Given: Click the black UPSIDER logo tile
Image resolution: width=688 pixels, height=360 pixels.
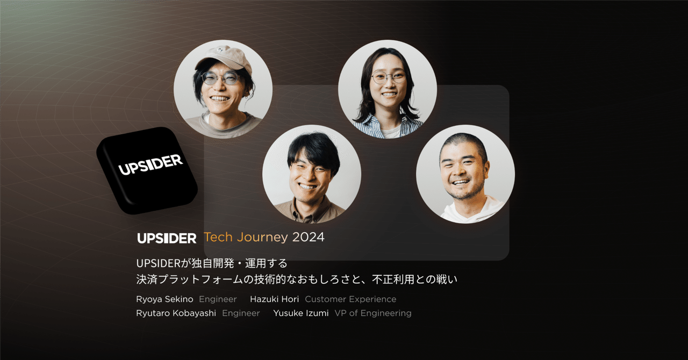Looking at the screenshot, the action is click(147, 170).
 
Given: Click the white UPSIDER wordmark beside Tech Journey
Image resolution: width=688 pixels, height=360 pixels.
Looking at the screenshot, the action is click(167, 238).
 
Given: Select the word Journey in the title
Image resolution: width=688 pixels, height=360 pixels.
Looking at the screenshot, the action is click(263, 237).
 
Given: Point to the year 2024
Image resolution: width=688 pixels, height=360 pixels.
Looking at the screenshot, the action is click(308, 237).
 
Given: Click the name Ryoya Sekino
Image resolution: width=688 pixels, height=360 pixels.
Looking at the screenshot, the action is click(164, 299).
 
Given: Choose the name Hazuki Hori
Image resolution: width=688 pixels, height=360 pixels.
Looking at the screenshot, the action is click(274, 299).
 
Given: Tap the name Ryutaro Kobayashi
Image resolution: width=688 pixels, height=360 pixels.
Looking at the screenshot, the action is click(176, 313).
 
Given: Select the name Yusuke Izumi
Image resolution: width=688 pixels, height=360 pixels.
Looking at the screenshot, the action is click(301, 313).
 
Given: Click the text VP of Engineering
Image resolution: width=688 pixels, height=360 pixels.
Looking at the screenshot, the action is click(373, 313).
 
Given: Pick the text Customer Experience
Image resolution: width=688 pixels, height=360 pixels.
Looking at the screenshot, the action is click(350, 299).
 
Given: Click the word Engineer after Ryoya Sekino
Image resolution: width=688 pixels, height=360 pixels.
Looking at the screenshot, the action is click(218, 299).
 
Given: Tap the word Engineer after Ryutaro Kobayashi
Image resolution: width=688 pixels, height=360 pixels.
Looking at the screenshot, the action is click(241, 314).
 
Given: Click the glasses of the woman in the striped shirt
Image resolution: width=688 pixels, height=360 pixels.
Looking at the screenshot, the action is click(389, 77).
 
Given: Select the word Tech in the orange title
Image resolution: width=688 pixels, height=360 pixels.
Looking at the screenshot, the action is click(218, 237).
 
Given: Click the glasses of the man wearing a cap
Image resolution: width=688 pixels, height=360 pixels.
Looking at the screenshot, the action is click(220, 78).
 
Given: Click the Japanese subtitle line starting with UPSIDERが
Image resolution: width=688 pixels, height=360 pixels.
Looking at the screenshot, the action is click(212, 263).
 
